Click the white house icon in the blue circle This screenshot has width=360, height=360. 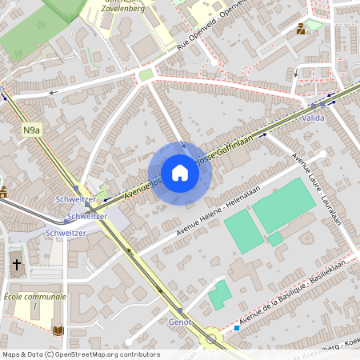point(180,172)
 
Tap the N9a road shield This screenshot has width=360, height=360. point(30,130)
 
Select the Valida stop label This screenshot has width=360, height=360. point(314,118)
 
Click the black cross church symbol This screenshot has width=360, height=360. point(17,263)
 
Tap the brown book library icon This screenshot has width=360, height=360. point(57,330)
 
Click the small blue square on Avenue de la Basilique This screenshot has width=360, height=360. point(237,327)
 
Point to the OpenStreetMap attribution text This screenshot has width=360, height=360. point(80,354)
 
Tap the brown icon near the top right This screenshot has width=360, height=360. point(300,30)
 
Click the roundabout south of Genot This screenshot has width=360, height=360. point(213,338)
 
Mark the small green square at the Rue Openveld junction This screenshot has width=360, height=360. point(146,75)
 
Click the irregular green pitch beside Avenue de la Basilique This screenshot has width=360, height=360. point(219,294)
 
